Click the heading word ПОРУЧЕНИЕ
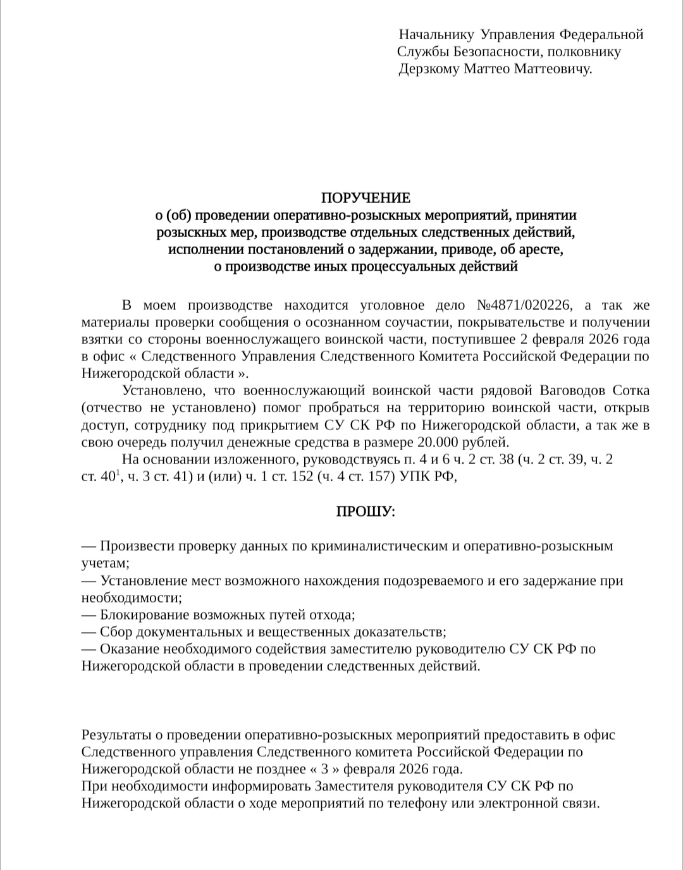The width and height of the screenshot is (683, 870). (x=365, y=199)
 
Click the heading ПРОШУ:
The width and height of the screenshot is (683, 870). (x=365, y=511)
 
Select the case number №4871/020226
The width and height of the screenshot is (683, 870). (x=523, y=305)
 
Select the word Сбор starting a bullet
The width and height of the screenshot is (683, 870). (x=116, y=632)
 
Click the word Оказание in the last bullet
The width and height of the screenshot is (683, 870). (x=130, y=649)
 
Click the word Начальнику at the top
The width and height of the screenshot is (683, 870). (x=436, y=35)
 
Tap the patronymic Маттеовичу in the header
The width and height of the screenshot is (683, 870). (x=552, y=69)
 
